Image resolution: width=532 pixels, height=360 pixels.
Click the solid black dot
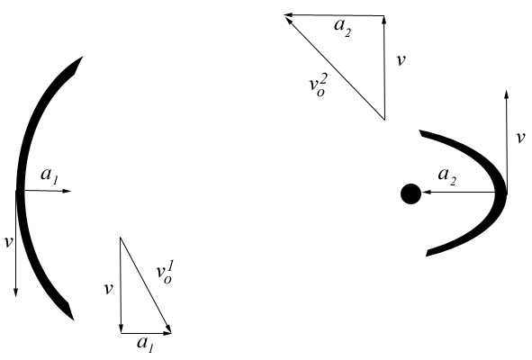[x=410, y=193]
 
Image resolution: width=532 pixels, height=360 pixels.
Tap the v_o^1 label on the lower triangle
[x=165, y=274]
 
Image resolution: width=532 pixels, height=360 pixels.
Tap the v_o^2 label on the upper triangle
[x=319, y=85]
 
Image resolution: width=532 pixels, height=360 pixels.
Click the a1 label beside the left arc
[x=50, y=175]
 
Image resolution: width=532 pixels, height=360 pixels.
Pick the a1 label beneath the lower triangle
[x=146, y=344]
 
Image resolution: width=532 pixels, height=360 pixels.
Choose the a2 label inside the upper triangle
[x=343, y=27]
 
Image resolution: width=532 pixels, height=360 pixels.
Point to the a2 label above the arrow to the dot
[x=447, y=176]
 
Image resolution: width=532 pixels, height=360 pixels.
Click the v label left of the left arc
[x=8, y=242]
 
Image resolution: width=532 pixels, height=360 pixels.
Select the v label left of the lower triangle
[x=108, y=289]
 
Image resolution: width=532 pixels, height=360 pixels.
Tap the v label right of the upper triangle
[x=401, y=60]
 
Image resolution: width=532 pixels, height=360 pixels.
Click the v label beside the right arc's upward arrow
[x=520, y=138]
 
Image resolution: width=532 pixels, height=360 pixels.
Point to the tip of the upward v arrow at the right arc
[x=506, y=90]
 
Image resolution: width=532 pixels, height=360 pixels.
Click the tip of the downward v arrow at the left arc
[x=15, y=297]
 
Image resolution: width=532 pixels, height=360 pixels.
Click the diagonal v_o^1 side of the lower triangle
[x=146, y=285]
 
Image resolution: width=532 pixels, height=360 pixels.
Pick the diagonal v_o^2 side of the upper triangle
[x=335, y=68]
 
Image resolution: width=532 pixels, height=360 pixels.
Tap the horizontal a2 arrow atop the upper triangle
[x=334, y=15]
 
